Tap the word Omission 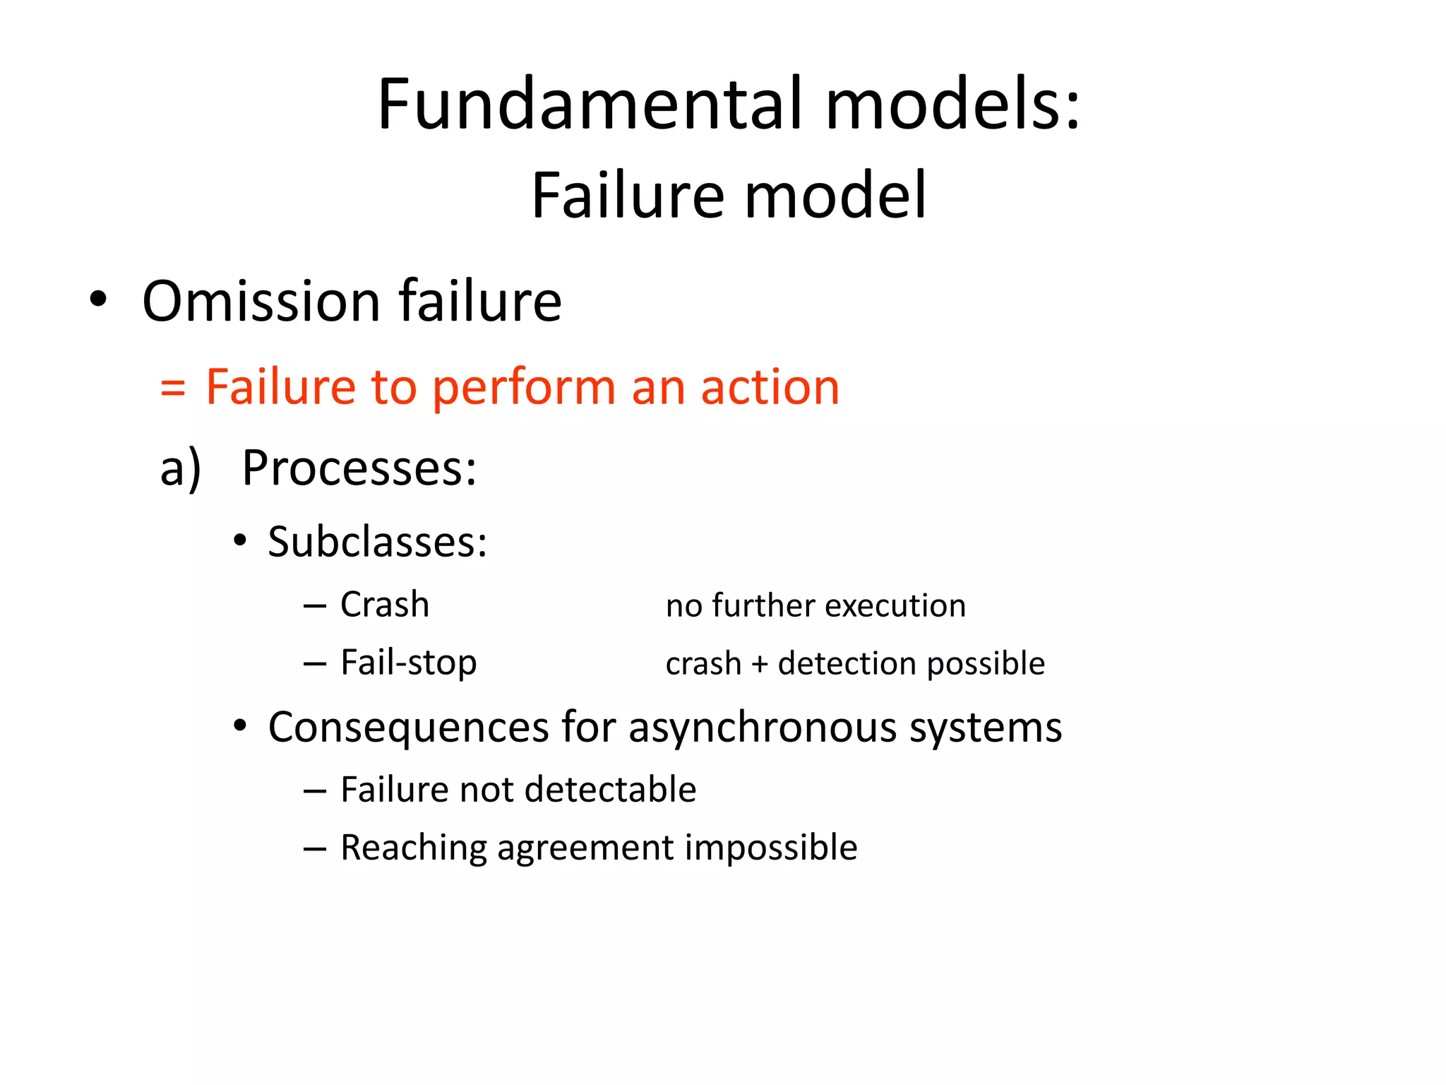[261, 302]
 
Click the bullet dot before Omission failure [98, 300]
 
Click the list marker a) [181, 469]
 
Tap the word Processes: [359, 468]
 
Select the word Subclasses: [377, 542]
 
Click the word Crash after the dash [385, 605]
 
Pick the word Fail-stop [408, 663]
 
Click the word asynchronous [763, 728]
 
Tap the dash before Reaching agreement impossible [315, 848]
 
